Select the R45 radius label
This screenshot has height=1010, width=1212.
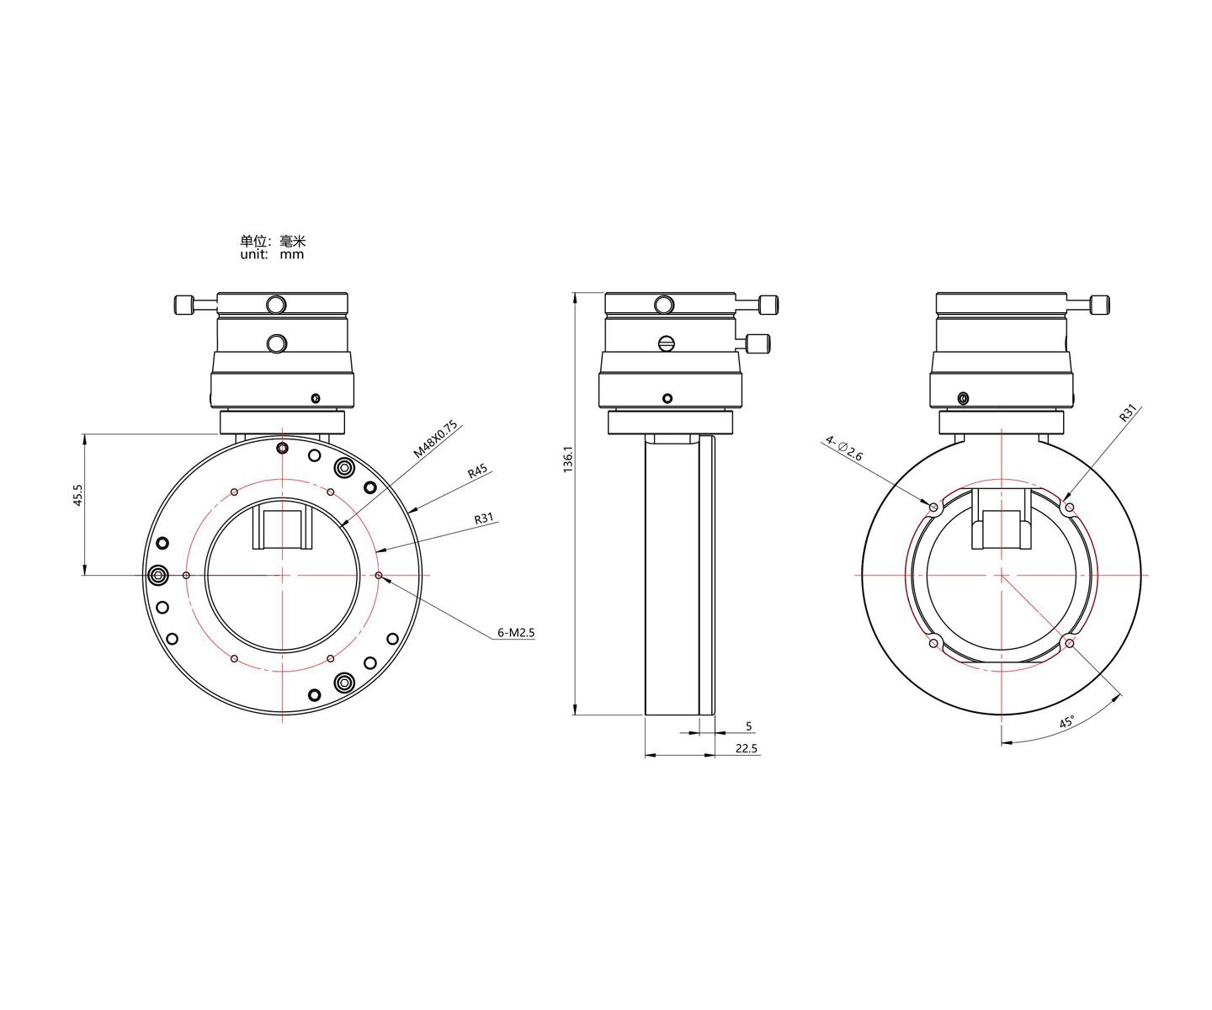coord(478,470)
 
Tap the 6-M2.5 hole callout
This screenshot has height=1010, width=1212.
coord(515,633)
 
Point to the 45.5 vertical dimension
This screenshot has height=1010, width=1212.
coord(77,495)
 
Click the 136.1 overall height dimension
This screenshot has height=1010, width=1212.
coord(568,459)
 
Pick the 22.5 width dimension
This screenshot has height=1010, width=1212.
coord(746,749)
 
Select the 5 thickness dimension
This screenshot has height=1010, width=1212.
coord(749,726)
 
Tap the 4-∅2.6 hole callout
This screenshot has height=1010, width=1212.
coord(844,449)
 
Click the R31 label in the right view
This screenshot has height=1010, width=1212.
coord(1128,412)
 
